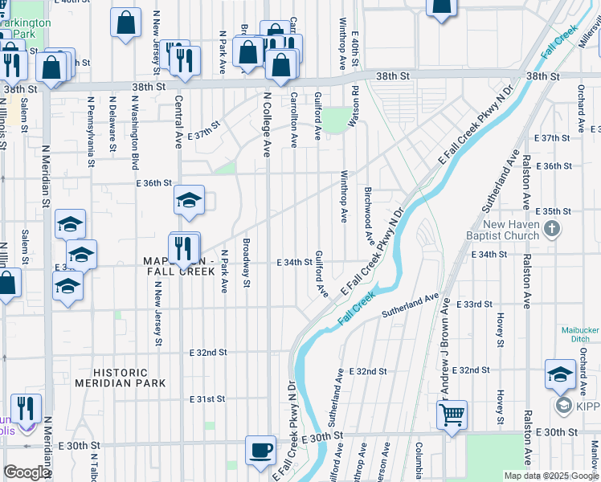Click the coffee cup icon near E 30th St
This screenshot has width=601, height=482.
260,451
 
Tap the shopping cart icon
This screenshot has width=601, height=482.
452,415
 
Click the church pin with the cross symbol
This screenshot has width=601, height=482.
551,230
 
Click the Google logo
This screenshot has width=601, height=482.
27,472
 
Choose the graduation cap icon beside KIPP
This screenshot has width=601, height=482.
560,374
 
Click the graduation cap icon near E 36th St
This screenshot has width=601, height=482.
189,200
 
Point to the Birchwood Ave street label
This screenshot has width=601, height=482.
368,217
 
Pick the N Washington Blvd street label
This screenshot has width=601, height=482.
134,133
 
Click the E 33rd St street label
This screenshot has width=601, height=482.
473,305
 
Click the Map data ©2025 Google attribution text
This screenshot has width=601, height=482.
550,476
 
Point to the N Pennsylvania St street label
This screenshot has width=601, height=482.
92,133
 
